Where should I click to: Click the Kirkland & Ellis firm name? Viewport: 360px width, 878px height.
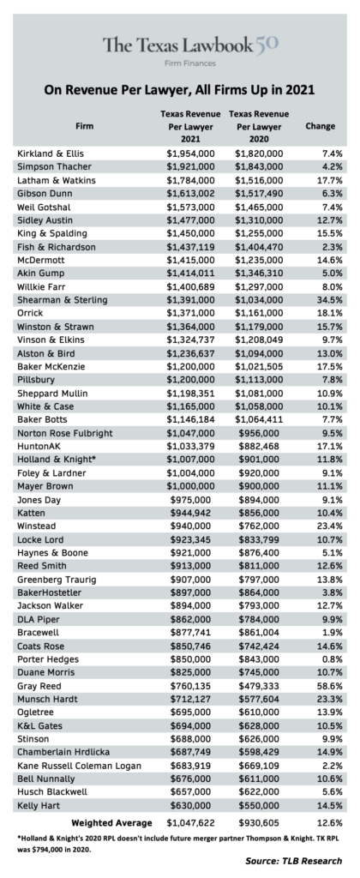pyautogui.click(x=51, y=153)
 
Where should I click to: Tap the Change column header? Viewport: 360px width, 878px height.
pyautogui.click(x=321, y=126)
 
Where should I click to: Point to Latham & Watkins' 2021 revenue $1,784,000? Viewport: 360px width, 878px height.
pyautogui.click(x=190, y=180)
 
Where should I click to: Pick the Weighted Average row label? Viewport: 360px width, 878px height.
pyautogui.click(x=112, y=823)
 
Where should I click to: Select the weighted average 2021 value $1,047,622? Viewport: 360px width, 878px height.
pyautogui.click(x=190, y=823)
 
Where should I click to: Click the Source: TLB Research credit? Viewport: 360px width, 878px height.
pyautogui.click(x=293, y=861)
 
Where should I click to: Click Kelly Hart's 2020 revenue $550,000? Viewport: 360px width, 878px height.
pyautogui.click(x=262, y=806)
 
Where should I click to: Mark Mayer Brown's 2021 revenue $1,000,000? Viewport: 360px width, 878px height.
pyautogui.click(x=190, y=486)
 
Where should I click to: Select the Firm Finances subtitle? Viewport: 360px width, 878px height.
pyautogui.click(x=189, y=63)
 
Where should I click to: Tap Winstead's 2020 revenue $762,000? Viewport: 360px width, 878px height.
pyautogui.click(x=262, y=526)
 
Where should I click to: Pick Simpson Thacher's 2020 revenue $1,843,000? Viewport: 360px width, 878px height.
pyautogui.click(x=259, y=167)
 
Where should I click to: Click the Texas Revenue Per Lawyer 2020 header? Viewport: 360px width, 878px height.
pyautogui.click(x=259, y=127)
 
